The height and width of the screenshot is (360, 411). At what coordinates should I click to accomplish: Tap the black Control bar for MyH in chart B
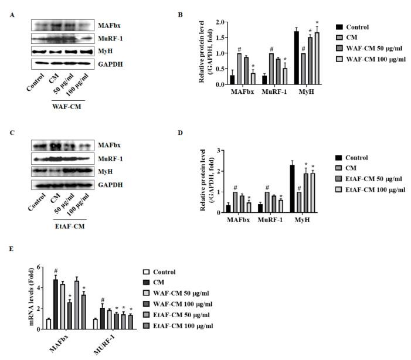(x=297, y=58)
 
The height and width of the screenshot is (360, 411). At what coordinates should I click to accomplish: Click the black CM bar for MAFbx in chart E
(x=56, y=304)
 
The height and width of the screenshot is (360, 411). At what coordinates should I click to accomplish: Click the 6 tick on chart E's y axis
(x=38, y=267)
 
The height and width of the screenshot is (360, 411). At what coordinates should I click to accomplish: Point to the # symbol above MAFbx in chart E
(x=56, y=271)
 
